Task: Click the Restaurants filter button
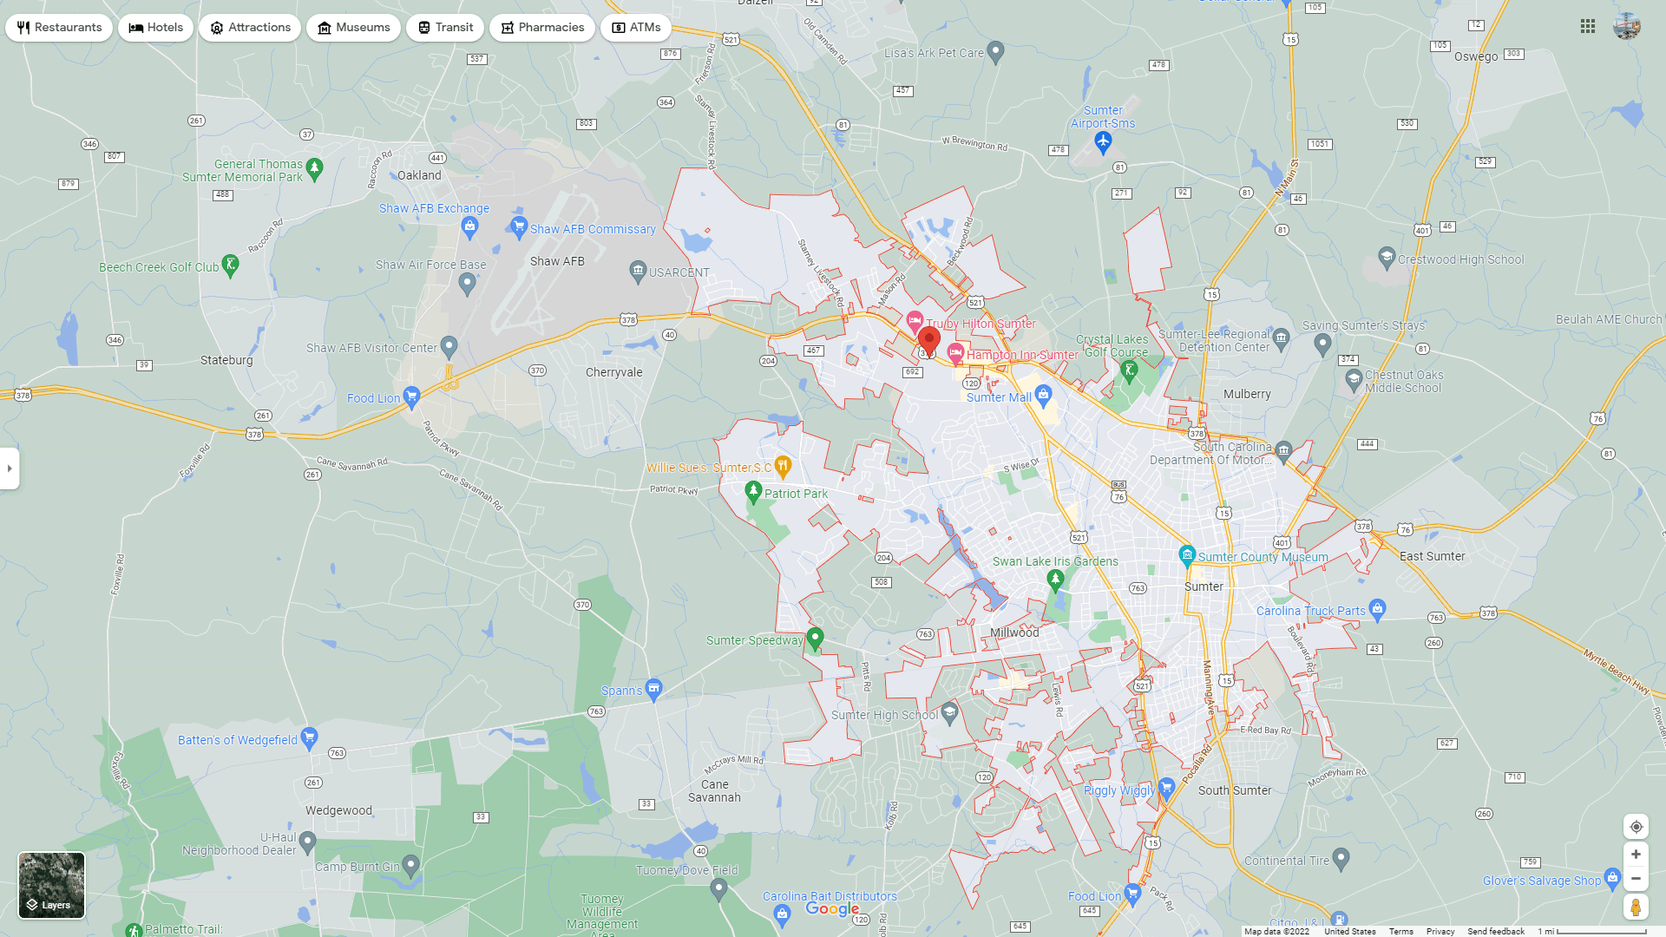pos(59,28)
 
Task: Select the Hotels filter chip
pos(156,28)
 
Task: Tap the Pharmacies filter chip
pos(542,28)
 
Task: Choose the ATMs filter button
pos(636,28)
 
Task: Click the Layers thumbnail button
pos(52,885)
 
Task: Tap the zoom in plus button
pos(1636,855)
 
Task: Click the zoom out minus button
pos(1636,879)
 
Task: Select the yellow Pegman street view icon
pos(1636,908)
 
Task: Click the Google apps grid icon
pos(1588,27)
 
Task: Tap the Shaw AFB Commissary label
pos(593,230)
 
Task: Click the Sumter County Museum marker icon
pos(1187,555)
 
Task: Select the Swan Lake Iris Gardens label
pos(1055,561)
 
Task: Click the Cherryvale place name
pos(614,373)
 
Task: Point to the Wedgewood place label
pos(338,811)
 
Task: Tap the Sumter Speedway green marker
pos(815,639)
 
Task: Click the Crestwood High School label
pos(1460,259)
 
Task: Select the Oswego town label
pos(1476,57)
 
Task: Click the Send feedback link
pos(1496,932)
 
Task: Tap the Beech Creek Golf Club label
pos(159,268)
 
